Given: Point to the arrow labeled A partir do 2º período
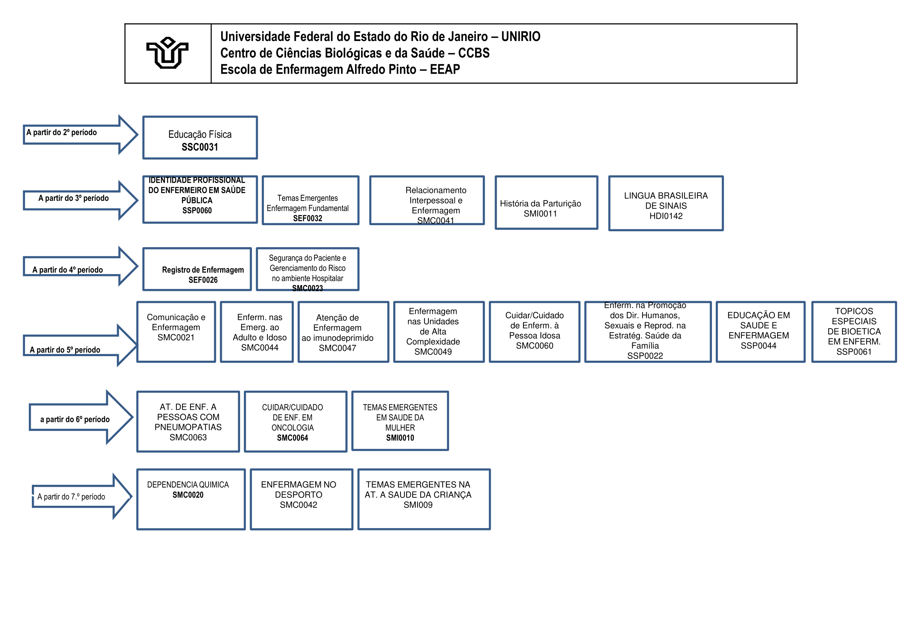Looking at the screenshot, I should pos(79,134).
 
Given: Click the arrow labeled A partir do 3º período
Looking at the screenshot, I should pos(79,200).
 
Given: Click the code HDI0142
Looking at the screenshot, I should pos(666,216).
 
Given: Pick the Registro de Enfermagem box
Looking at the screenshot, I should pos(196,269).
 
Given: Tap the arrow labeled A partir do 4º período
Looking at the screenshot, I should pos(79,266).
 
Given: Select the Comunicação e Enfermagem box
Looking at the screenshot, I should pos(176,331).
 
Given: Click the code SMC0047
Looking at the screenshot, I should pos(337,348).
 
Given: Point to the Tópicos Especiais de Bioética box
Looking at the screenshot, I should pos(853,331).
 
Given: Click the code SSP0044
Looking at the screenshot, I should pos(758,346).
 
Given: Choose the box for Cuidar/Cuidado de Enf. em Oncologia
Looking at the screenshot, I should pos(295,421).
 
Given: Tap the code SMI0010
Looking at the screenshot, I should pos(400,437).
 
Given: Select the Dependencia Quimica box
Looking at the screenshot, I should pos(191,499).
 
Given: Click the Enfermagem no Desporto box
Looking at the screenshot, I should pos(301,499).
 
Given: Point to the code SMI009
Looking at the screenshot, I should pos(418,505).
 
